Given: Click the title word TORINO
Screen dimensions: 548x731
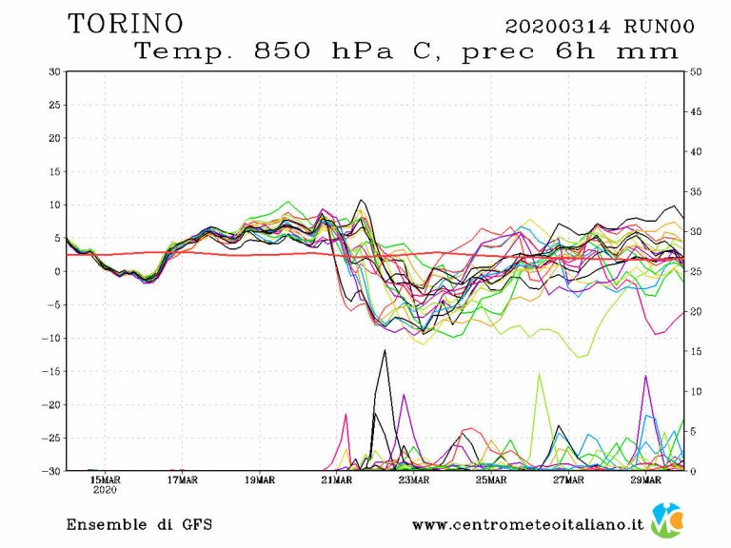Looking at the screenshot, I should (125, 23).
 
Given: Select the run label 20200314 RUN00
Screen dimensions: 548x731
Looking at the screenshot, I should (599, 26).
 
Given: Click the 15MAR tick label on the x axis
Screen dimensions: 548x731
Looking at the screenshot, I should (105, 479).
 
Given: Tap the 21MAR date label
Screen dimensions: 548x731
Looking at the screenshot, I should (336, 479).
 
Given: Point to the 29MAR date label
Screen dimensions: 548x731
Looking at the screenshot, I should (644, 479).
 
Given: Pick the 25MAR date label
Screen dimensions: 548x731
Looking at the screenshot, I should (490, 479).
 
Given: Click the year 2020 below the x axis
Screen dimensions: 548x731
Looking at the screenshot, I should (105, 491).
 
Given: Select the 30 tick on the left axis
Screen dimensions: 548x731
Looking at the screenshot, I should (54, 71).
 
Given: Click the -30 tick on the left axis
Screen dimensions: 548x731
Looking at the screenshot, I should (50, 471).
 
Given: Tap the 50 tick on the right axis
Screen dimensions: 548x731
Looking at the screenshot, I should (697, 71).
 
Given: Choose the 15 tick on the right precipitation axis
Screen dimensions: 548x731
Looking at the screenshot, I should (697, 351).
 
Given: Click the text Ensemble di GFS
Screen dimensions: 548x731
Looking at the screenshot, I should (139, 524).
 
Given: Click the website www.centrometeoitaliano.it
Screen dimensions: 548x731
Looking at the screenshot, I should (528, 524).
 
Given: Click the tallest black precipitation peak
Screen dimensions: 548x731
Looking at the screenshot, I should (385, 351).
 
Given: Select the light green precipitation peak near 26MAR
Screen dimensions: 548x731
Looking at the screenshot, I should (539, 374).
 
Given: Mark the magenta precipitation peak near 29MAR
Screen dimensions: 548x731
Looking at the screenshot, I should (646, 377).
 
